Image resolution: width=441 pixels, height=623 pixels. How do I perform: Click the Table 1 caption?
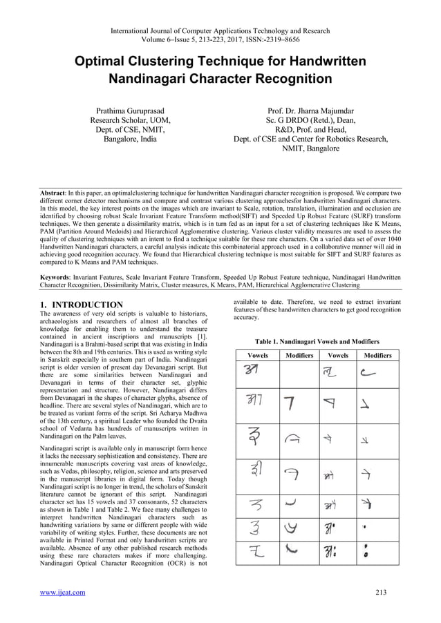[x=317, y=342]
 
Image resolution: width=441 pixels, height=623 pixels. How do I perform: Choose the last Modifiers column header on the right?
[x=377, y=356]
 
